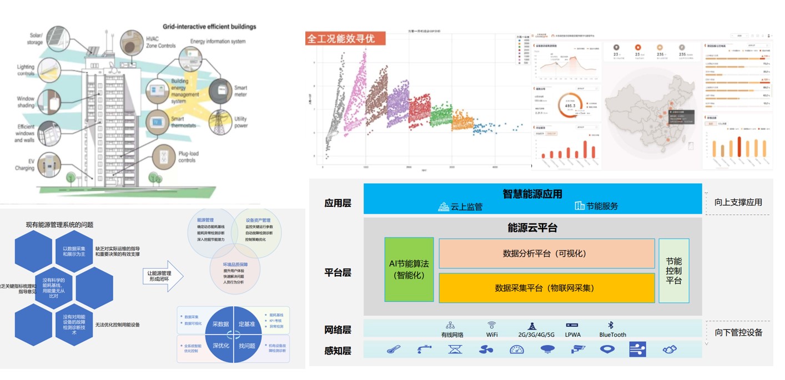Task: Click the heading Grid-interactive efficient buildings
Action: [x=209, y=27]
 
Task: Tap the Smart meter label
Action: [x=240, y=91]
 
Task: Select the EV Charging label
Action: [x=26, y=165]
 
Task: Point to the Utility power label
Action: [x=240, y=122]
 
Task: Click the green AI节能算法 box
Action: [x=409, y=270]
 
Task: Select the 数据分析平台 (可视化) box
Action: [x=546, y=254]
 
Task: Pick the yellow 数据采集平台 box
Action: [x=546, y=288]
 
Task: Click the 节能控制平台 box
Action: [x=673, y=270]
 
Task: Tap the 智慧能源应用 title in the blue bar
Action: [x=532, y=194]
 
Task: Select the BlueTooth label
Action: [x=612, y=335]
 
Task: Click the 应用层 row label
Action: [x=338, y=203]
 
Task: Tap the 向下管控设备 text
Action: [x=738, y=333]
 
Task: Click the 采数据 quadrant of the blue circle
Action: [x=220, y=324]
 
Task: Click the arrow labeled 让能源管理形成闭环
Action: [x=163, y=276]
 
